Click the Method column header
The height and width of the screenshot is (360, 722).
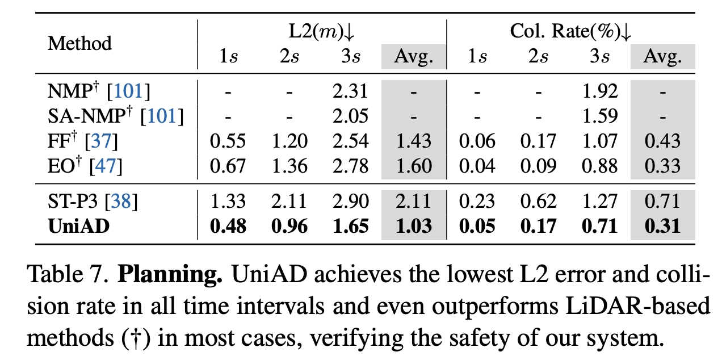pos(80,44)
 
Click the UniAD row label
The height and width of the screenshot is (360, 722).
pos(79,227)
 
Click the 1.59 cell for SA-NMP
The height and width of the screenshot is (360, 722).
pos(601,116)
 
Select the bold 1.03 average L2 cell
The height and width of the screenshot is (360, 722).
pos(414,227)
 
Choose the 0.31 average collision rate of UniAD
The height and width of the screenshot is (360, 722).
pos(663,227)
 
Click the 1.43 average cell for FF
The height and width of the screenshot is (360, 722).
pos(414,141)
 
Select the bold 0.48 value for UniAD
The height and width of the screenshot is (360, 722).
pos(228,227)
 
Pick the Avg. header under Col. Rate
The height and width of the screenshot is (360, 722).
pos(663,57)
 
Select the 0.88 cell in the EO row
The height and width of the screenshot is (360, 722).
pos(601,166)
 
